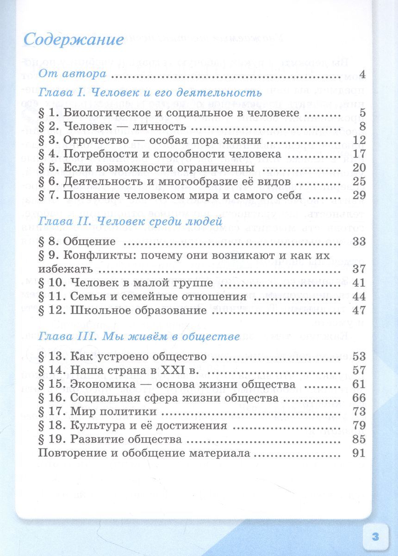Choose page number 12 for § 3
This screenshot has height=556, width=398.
coord(359,140)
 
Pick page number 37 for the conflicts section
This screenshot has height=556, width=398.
coord(359,269)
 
